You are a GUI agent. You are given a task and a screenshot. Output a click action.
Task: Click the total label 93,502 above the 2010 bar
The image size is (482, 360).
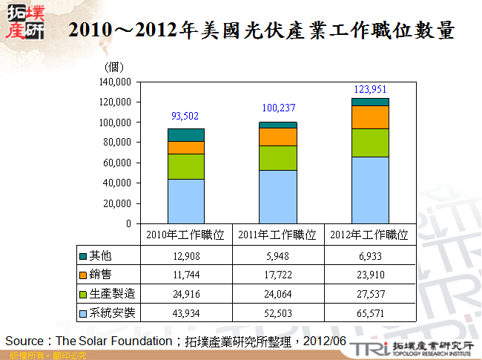click(x=185, y=116)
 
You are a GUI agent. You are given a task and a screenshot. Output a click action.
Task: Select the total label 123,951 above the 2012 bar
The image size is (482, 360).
click(x=370, y=89)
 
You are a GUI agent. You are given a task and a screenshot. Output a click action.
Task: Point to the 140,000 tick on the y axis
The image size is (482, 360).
click(x=115, y=82)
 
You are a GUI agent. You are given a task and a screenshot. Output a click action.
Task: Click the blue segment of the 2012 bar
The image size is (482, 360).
click(x=370, y=189)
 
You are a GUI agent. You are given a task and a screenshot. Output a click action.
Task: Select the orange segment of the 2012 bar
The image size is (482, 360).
click(x=370, y=117)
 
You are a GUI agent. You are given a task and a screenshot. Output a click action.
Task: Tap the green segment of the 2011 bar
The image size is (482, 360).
click(x=277, y=157)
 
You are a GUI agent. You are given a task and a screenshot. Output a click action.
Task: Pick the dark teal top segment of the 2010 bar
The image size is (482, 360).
click(x=185, y=134)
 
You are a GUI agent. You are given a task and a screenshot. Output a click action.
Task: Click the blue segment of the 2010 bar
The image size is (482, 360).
click(x=185, y=200)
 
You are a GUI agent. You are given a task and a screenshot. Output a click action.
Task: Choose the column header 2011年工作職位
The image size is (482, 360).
click(x=277, y=235)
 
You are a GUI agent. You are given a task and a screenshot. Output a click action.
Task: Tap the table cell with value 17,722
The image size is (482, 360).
click(x=277, y=275)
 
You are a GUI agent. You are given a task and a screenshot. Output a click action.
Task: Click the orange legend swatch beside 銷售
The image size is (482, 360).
click(x=83, y=275)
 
